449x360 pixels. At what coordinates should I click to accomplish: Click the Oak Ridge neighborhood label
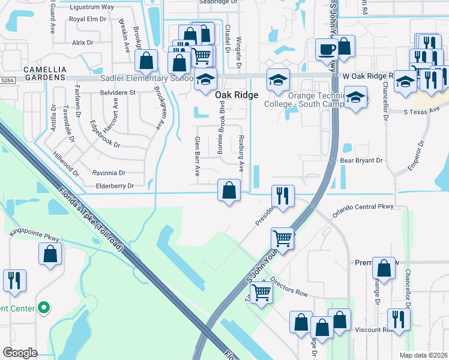point(237,95)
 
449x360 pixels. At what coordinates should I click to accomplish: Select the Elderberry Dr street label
point(113,186)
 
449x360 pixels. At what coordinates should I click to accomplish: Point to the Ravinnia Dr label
point(112,173)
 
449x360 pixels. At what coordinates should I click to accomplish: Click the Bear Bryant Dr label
point(361,160)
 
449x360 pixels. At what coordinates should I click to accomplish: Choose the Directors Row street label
point(288,287)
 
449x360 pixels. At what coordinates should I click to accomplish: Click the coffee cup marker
point(327,49)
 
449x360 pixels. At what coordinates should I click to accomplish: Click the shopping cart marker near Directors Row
point(261,293)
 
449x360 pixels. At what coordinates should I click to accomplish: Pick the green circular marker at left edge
point(43,308)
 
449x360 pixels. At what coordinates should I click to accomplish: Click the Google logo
point(20,353)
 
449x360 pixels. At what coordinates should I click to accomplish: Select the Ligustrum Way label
point(92,7)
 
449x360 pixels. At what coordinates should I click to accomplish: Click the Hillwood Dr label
point(65,163)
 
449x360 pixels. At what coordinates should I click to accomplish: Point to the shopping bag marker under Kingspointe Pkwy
point(50,253)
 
